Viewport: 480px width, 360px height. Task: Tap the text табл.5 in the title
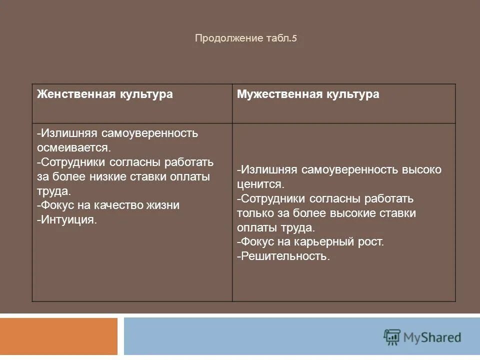[x=278, y=38]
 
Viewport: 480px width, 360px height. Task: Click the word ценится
[x=260, y=184]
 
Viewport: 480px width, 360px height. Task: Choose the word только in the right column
[x=255, y=213]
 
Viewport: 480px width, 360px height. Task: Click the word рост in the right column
[x=372, y=242]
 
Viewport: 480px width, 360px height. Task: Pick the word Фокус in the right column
[x=255, y=242]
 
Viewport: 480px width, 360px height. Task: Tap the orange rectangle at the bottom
[x=58, y=336]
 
